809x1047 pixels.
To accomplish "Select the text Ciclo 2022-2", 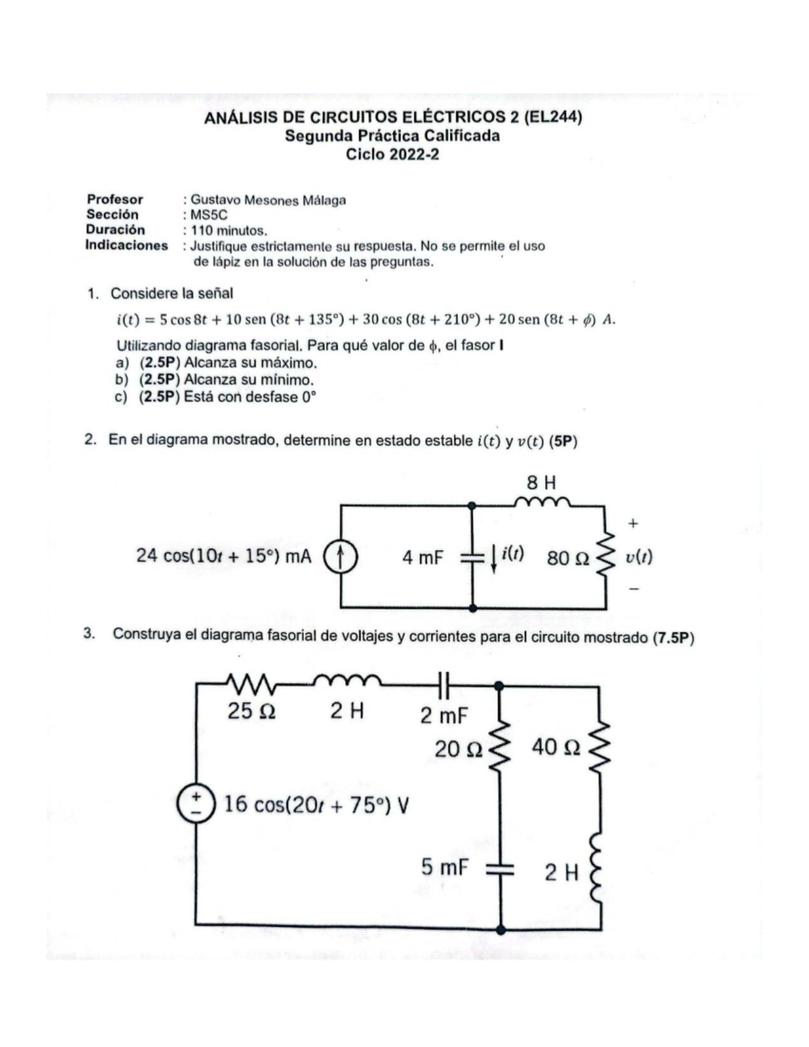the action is pyautogui.click(x=392, y=154).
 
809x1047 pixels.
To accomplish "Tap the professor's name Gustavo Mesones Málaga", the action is pyautogui.click(x=268, y=200).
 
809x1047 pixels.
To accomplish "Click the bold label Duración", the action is pyautogui.click(x=115, y=230).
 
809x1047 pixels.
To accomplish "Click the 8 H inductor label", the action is pyautogui.click(x=541, y=483).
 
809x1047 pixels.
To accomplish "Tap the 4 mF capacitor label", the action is pyautogui.click(x=423, y=558).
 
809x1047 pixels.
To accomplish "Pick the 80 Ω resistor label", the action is pyautogui.click(x=568, y=558).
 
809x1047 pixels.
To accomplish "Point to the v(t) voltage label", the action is pyautogui.click(x=638, y=557).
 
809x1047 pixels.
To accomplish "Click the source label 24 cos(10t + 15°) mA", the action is pyautogui.click(x=224, y=556).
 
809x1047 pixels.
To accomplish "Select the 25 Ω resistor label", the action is pyautogui.click(x=251, y=711).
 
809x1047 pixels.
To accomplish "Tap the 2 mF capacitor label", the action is pyautogui.click(x=444, y=715).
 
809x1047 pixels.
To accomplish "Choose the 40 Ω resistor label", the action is pyautogui.click(x=556, y=747).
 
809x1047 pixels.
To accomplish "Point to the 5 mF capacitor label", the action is pyautogui.click(x=445, y=867).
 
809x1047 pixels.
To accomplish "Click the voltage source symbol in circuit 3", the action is pyautogui.click(x=196, y=802).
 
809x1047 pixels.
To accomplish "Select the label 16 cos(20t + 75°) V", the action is pyautogui.click(x=316, y=804).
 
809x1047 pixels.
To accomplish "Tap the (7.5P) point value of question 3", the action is pyautogui.click(x=673, y=638).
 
